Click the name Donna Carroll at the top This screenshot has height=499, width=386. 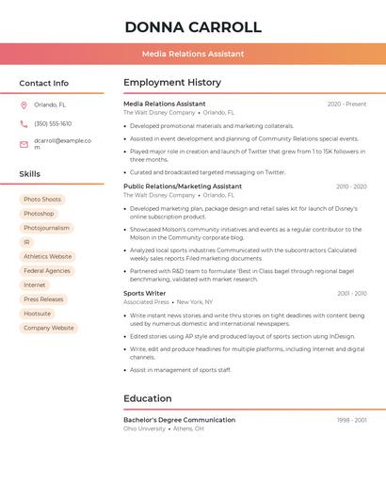click(193, 27)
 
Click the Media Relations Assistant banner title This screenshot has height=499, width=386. click(193, 54)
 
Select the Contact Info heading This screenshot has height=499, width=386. click(43, 83)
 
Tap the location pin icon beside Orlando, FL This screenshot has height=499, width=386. click(24, 105)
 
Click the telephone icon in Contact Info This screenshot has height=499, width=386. click(24, 124)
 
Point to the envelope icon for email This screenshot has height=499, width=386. click(24, 144)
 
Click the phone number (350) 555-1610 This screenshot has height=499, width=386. click(53, 124)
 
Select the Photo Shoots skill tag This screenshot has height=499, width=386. click(42, 200)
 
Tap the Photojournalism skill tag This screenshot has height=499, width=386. click(46, 228)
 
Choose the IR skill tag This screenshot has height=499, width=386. click(27, 242)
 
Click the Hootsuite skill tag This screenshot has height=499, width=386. click(38, 314)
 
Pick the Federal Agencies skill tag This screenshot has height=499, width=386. click(47, 271)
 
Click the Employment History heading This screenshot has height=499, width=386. click(172, 83)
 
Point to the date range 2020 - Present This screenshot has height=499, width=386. click(346, 105)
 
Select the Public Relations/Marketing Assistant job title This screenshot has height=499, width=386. click(183, 186)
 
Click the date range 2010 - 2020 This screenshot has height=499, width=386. click(351, 186)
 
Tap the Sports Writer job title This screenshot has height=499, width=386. click(145, 294)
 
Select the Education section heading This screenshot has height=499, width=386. click(148, 398)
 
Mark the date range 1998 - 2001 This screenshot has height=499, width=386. click(352, 420)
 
